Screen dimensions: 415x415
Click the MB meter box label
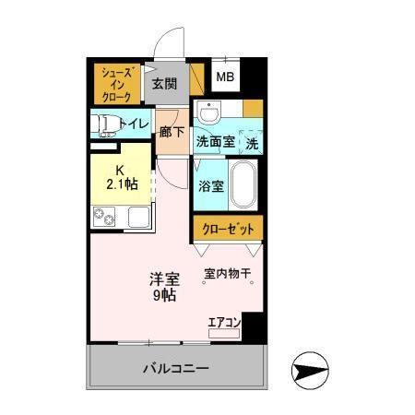[225, 78]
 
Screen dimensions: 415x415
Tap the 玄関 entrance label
[164, 84]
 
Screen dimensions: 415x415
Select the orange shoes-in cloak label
[119, 84]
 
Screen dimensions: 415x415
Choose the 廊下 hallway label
[172, 131]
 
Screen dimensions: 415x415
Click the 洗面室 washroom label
[215, 142]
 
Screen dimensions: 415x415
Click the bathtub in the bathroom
[244, 184]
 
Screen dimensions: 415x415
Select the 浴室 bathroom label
[210, 185]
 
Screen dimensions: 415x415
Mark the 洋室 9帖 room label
[165, 287]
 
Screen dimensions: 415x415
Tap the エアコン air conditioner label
[224, 322]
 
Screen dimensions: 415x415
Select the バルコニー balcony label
[175, 368]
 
